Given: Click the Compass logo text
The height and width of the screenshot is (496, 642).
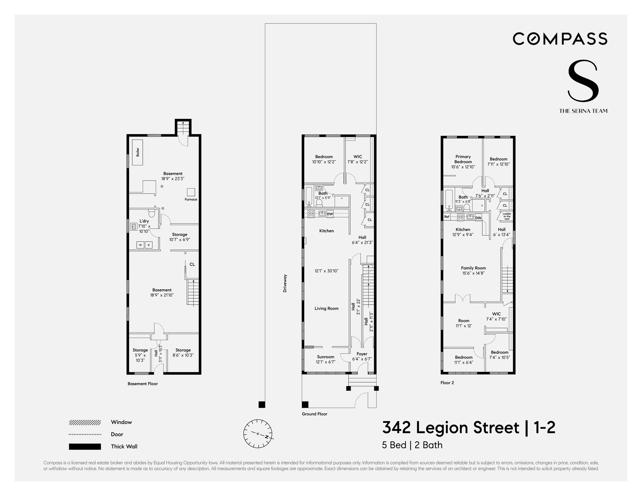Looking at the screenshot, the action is coord(560,39).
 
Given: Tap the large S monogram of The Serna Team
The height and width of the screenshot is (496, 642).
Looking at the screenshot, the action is coord(583,81).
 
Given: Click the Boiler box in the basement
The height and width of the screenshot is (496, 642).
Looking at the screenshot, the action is coord(137,152).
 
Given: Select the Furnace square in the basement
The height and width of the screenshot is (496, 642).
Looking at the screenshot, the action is coord(191,192).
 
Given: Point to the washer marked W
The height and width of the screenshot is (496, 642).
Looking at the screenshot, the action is coord(140,245).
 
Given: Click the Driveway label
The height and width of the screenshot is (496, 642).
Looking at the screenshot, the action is coord(285,284).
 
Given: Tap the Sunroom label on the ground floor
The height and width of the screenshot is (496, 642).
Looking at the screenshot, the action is coord(326,357).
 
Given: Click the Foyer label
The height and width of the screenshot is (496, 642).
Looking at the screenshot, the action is coord(362,354).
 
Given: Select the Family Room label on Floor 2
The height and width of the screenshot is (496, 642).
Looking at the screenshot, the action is coord(473,268).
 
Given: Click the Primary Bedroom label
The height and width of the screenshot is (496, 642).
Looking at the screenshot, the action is coord(463,159).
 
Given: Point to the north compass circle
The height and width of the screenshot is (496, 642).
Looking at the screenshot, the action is coord(258,433).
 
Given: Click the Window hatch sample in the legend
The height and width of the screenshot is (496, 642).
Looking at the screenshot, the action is coord(85,422).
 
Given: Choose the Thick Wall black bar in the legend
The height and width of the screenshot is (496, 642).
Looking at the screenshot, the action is coord(85,447).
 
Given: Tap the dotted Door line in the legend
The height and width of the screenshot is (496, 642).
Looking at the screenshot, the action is coord(85,434).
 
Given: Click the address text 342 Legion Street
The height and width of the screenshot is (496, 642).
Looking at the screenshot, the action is coord(451,428).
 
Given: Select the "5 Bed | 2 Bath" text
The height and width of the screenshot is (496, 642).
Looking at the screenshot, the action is coord(412,445).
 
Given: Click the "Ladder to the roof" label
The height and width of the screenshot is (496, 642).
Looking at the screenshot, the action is coord(507,216).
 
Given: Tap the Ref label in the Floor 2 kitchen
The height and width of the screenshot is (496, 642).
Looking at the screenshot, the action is coord(447,217).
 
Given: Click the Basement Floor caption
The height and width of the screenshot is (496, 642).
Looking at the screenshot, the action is coord(143,384).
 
